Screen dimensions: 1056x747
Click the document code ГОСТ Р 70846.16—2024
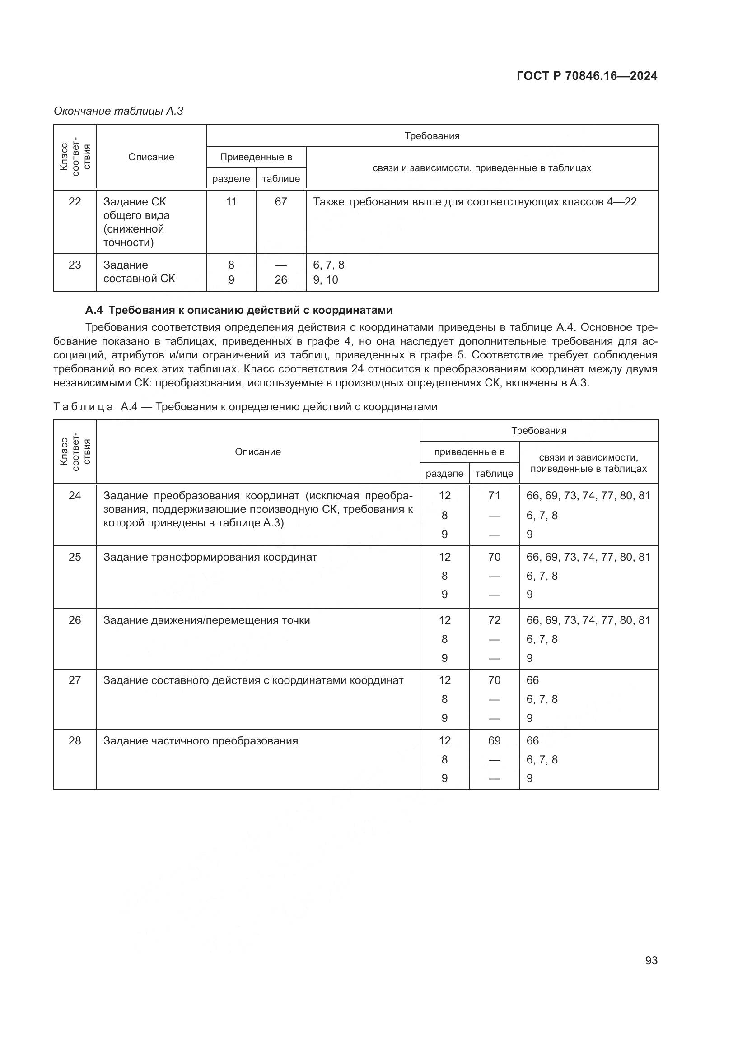coord(587,76)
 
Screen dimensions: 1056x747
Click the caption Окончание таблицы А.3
coord(119,111)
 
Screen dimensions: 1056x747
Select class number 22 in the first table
coord(75,201)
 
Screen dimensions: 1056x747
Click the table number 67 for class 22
coord(280,201)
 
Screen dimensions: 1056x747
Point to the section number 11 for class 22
coord(231,201)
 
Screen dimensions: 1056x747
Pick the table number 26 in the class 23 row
coord(280,279)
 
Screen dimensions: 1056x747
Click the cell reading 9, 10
coord(326,279)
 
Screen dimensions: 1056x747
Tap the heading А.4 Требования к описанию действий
coord(239,310)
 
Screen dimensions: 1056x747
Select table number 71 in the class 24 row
coord(494,495)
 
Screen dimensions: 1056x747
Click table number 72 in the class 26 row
coord(494,620)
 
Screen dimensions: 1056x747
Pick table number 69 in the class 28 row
coord(494,740)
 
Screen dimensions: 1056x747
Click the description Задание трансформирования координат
coord(210,557)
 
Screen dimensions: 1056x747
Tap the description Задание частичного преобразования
coord(201,740)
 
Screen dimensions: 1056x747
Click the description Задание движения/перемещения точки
coord(206,620)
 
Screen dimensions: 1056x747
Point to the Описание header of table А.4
coord(257,451)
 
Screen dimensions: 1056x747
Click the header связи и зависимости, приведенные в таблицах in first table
coord(481,168)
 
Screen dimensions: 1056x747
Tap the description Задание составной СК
coord(139,272)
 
